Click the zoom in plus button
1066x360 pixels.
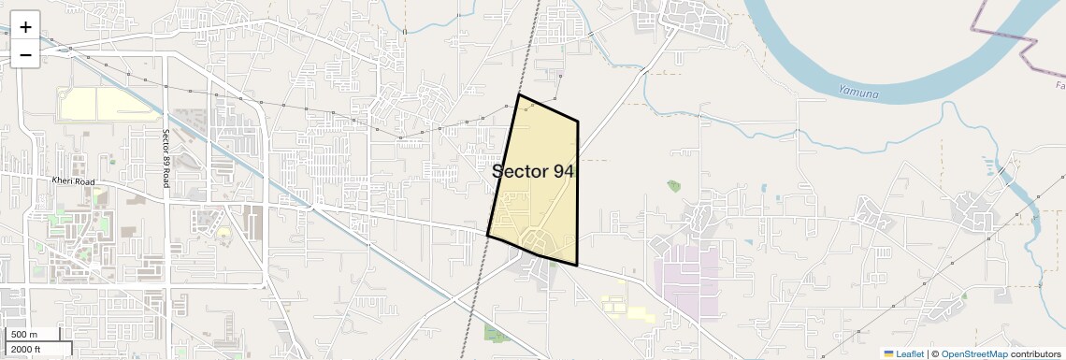coord(25,27)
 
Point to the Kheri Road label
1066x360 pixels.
coord(69,180)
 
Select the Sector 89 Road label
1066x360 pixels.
coord(165,158)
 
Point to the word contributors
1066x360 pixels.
coord(1035,353)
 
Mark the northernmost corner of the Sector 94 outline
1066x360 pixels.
coord(519,94)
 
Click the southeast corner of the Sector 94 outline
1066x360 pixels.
coord(577,266)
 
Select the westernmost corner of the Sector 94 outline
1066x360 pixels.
coord(487,235)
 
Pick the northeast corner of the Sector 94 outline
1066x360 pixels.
coord(578,121)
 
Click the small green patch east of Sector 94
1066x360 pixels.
coord(674,186)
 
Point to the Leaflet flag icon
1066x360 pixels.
coord(888,353)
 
